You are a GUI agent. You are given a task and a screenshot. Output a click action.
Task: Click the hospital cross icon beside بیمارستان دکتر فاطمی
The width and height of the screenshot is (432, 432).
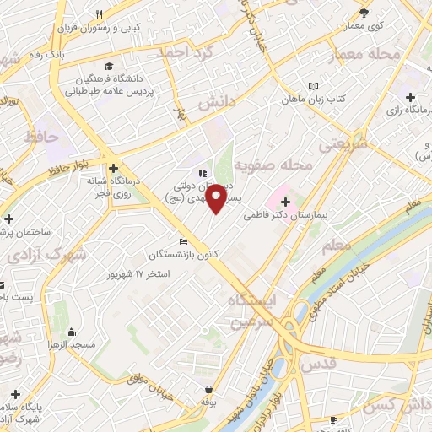[285, 202]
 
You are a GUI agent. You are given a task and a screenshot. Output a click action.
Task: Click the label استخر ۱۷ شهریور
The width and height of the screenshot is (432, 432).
[139, 275]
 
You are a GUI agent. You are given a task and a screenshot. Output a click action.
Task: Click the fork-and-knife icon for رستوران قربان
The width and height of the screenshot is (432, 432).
[100, 14]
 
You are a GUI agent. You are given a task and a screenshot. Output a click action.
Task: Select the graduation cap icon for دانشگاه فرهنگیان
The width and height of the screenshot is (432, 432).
[108, 67]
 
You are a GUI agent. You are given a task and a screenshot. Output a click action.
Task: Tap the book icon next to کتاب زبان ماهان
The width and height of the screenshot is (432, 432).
[314, 86]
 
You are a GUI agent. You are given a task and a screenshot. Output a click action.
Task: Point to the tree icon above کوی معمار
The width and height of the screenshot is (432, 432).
[364, 13]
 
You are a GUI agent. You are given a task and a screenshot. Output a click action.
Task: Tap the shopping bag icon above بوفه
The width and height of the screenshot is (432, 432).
[208, 389]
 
